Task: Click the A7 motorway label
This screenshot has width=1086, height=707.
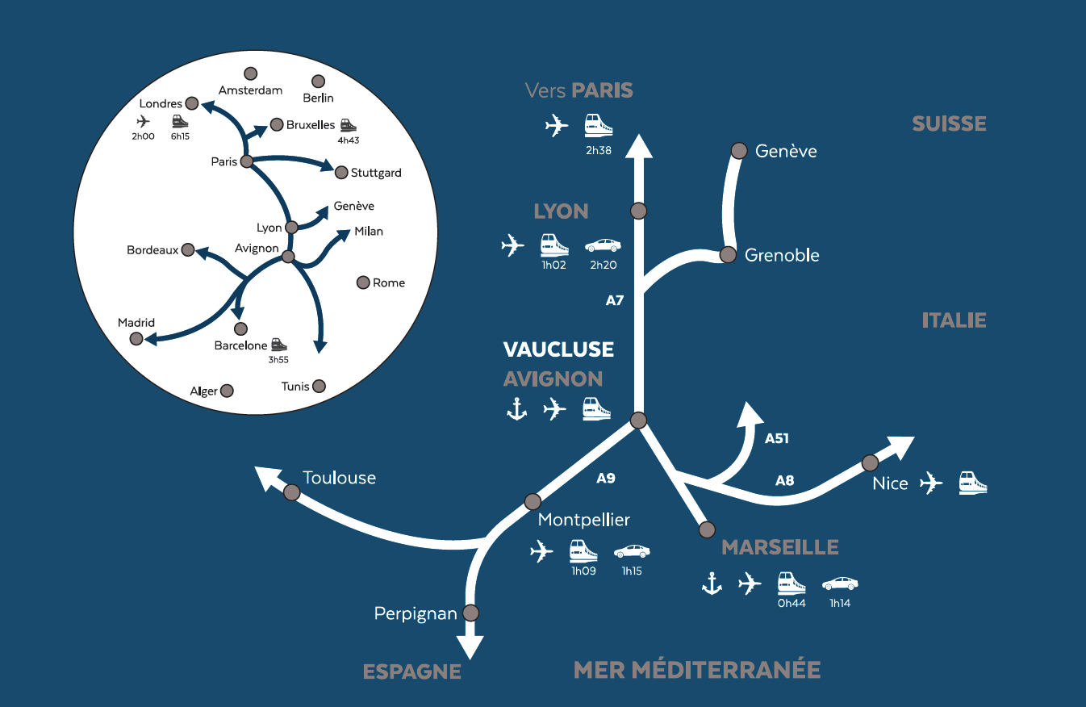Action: click(615, 300)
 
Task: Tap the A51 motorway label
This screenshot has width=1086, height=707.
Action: click(776, 439)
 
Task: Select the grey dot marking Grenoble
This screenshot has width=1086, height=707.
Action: click(728, 255)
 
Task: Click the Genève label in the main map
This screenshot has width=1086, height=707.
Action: click(786, 152)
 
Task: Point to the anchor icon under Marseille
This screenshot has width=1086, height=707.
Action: click(712, 583)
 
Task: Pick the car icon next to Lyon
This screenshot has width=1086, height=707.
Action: click(603, 245)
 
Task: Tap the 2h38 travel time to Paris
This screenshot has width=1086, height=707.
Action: click(599, 149)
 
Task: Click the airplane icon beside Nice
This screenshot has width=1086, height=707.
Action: click(931, 483)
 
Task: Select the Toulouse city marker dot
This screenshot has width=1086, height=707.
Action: click(291, 492)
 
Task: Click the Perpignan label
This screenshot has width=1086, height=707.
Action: click(416, 614)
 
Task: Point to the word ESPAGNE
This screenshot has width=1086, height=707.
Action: click(412, 671)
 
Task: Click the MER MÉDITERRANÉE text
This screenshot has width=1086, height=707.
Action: click(697, 669)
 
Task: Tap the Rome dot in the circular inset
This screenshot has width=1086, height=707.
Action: click(362, 282)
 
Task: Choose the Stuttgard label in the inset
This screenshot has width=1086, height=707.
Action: click(376, 173)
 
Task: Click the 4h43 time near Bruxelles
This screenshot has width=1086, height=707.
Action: click(348, 140)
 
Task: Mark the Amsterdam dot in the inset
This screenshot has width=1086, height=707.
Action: click(251, 74)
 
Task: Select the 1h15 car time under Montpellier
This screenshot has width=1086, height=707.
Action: click(632, 571)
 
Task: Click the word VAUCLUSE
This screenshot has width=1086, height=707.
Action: click(558, 349)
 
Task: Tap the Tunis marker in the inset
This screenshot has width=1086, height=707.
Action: click(320, 386)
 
